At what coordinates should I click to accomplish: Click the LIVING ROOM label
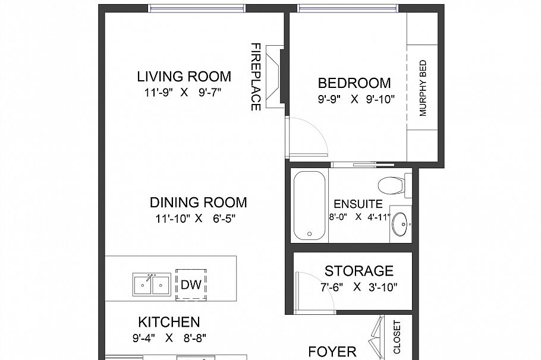(184, 77)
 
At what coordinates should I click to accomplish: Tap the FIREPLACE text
(256, 77)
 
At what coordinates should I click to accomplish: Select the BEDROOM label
(354, 83)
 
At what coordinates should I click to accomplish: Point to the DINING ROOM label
(198, 203)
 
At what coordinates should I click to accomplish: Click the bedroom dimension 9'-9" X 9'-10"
(356, 99)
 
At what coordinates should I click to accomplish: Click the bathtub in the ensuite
(309, 204)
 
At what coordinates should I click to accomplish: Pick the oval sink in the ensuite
(400, 225)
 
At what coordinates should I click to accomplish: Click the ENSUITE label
(357, 203)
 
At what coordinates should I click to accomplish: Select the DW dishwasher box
(191, 285)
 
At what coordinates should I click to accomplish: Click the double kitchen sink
(151, 285)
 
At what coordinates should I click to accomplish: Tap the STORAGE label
(358, 271)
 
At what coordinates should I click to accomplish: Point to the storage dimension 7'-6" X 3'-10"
(358, 286)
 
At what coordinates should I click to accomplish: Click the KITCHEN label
(169, 323)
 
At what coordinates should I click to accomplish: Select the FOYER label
(332, 352)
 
